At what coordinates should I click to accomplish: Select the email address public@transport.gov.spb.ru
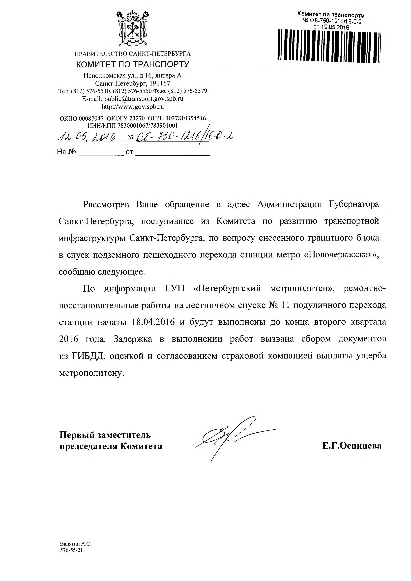[x=144, y=99]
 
